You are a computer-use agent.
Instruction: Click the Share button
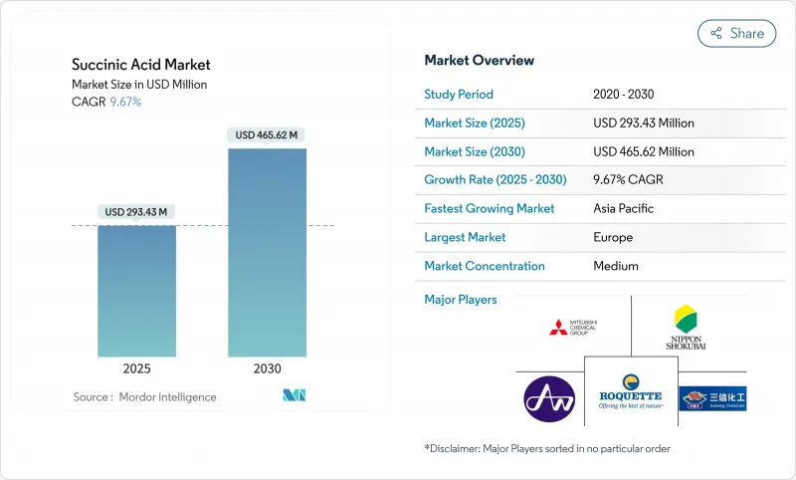(737, 33)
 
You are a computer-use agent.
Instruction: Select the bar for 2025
(137, 290)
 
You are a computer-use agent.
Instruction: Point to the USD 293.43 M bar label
(137, 211)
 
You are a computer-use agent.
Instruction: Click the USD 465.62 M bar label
(267, 134)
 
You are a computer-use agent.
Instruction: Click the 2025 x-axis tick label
(137, 368)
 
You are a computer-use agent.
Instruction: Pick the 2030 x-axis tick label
(267, 368)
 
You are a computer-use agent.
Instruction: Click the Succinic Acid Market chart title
(141, 65)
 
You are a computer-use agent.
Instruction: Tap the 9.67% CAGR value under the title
(124, 102)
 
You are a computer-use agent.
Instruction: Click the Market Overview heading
(479, 60)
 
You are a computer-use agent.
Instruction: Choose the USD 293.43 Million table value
(644, 123)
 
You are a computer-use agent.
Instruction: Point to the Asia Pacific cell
(624, 209)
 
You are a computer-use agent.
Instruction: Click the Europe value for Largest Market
(612, 238)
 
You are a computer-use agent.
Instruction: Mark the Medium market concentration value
(616, 266)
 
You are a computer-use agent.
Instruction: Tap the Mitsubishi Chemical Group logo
(573, 326)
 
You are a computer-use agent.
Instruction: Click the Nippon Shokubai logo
(686, 326)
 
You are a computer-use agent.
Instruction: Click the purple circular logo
(549, 398)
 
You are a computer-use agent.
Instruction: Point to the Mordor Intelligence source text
(144, 397)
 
